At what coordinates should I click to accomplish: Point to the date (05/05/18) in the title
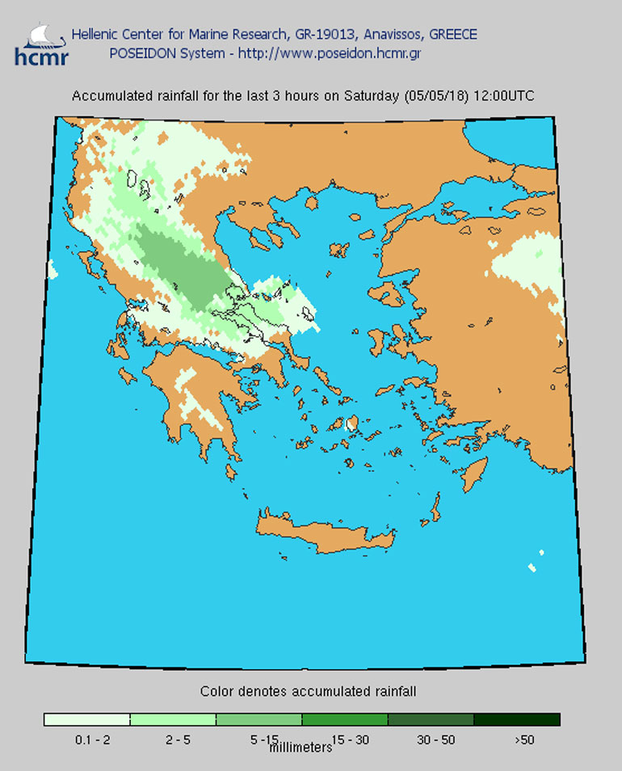(433, 96)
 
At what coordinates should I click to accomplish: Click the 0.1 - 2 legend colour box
(86, 719)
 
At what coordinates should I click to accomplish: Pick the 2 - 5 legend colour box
(172, 719)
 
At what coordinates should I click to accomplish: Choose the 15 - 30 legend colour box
(344, 719)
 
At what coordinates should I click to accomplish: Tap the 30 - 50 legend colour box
(431, 719)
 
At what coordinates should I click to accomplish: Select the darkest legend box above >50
(516, 719)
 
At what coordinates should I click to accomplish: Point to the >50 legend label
(523, 738)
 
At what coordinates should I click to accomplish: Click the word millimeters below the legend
(300, 748)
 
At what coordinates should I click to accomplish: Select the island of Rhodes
(474, 474)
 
